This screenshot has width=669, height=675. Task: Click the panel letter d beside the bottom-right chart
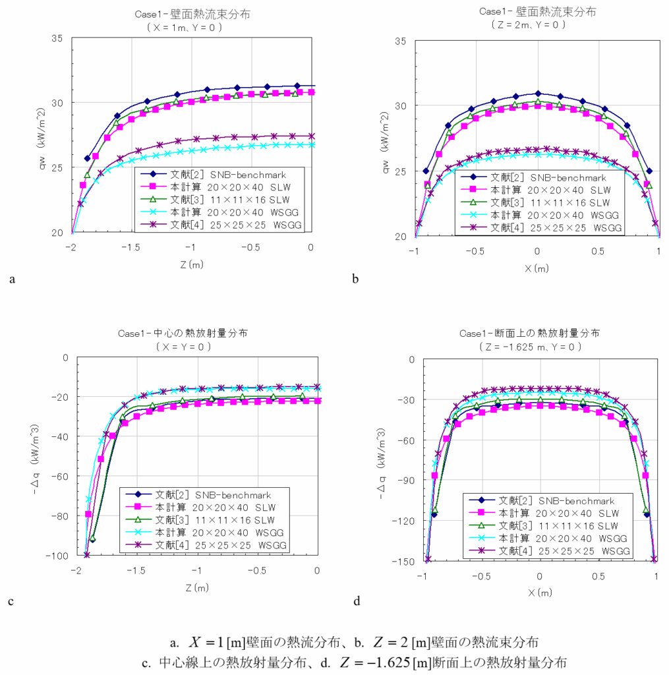[357, 601]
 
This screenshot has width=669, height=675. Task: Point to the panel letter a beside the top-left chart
[13, 279]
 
